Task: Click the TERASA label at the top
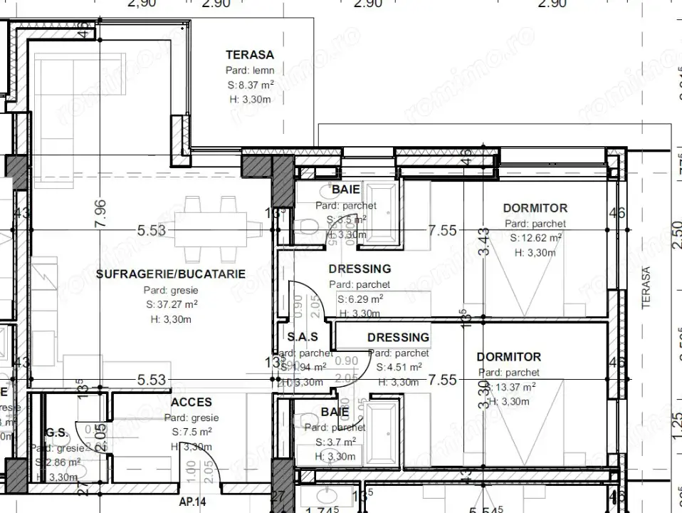click(x=250, y=54)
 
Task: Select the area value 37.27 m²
click(x=170, y=304)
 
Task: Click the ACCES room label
click(x=192, y=403)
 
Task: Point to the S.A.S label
click(x=302, y=336)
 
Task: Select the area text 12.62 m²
click(x=536, y=238)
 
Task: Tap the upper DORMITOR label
click(x=535, y=208)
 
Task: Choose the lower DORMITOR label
click(x=508, y=356)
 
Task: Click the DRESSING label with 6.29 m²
click(x=360, y=269)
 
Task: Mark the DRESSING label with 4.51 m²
click(x=399, y=337)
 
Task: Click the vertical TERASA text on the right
click(x=646, y=289)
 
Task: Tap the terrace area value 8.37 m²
click(x=250, y=85)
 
